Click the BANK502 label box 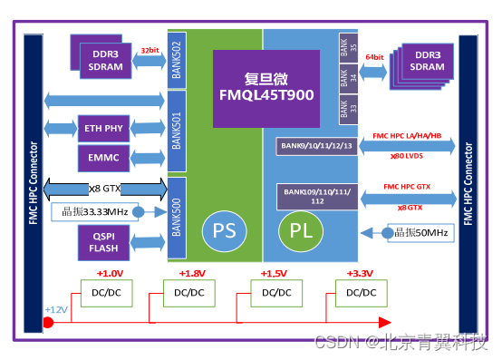pos(178,61)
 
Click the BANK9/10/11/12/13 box pos(315,145)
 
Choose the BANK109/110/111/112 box pos(315,196)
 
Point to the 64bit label pos(374,57)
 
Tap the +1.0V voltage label pos(110,272)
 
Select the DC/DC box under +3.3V pos(360,292)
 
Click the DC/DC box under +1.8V pos(188,292)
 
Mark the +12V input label pos(56,310)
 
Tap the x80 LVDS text pos(405,156)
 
